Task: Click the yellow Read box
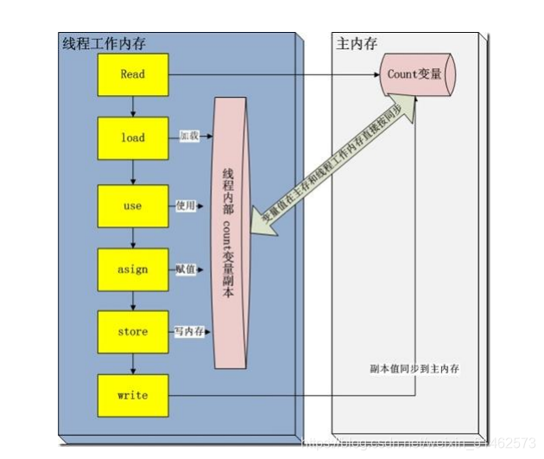(x=132, y=74)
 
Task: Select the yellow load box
(x=132, y=137)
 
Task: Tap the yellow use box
(x=132, y=206)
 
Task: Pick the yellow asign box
(x=132, y=269)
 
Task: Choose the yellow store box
(x=132, y=331)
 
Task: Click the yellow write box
(x=132, y=395)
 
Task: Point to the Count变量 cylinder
(x=415, y=74)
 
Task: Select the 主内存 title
(x=356, y=44)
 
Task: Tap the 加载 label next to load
(x=189, y=137)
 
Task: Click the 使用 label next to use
(x=187, y=206)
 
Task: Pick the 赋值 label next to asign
(x=186, y=269)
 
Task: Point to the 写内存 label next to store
(x=190, y=331)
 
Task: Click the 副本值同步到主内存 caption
(x=413, y=368)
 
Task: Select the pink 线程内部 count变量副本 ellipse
(x=231, y=233)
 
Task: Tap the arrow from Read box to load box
(x=132, y=106)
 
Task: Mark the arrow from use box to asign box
(x=132, y=238)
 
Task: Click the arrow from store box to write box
(x=132, y=363)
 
